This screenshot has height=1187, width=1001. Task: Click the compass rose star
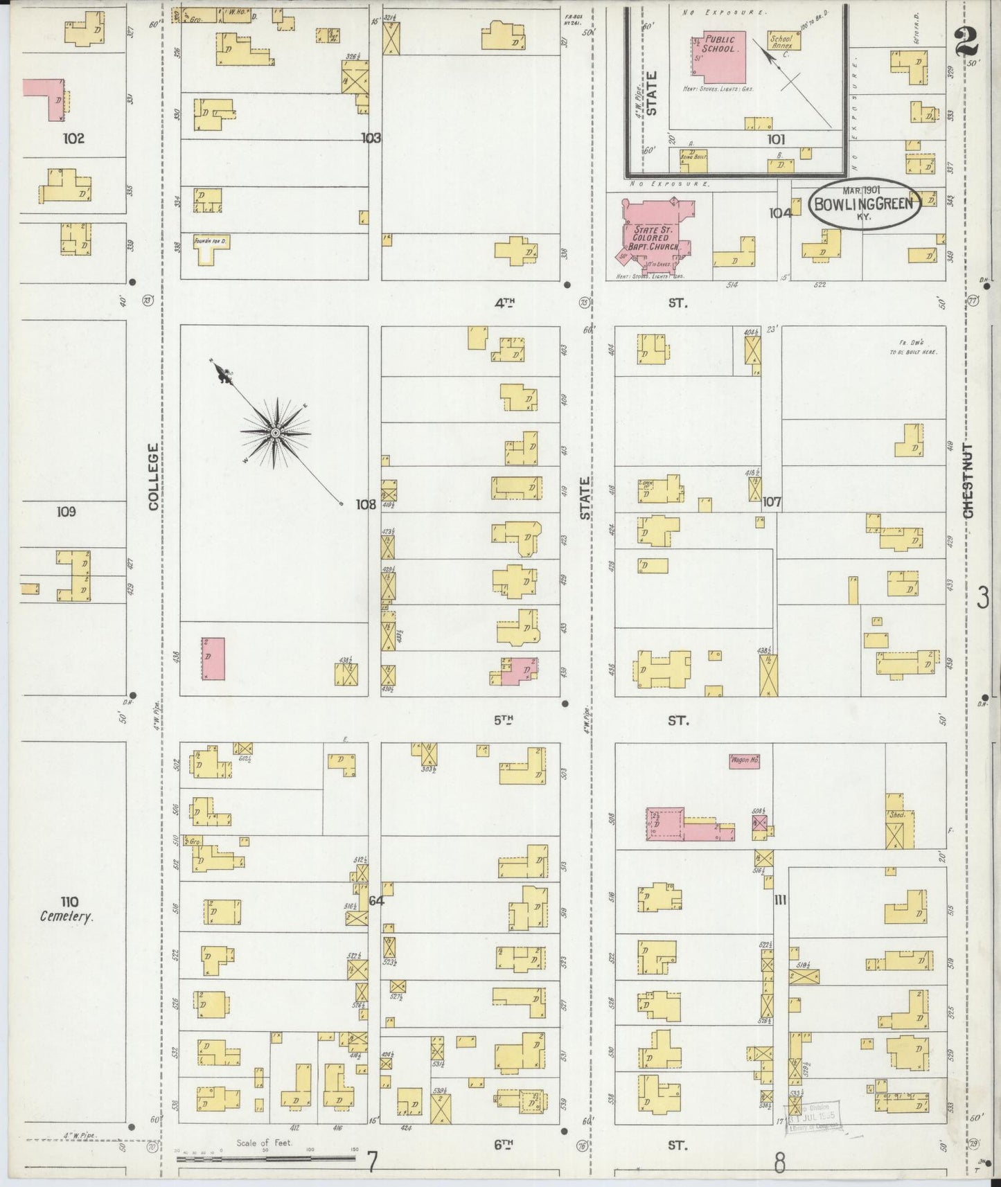pos(276,433)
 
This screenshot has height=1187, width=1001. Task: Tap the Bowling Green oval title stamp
pos(865,204)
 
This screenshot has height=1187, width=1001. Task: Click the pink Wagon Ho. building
pos(745,760)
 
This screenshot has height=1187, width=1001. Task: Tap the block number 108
pos(366,504)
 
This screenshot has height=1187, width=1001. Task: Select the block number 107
pos(771,502)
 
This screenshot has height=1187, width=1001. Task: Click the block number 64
pos(375,900)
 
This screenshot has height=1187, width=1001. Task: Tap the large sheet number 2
pos(966,42)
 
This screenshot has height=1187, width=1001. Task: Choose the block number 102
pos(73,139)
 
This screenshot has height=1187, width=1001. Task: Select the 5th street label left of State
pos(504,720)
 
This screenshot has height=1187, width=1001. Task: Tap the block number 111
pos(780,900)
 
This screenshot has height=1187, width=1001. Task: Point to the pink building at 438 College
pos(213,658)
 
